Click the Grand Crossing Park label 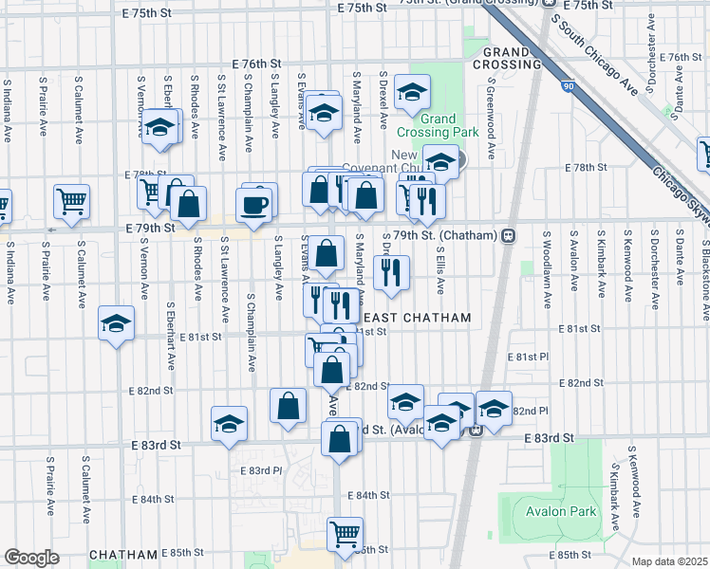(438, 126)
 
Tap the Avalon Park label (561, 512)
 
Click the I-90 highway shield (568, 86)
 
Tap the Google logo (31, 558)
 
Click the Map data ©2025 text (669, 561)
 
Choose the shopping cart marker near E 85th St (345, 533)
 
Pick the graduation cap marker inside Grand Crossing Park (413, 92)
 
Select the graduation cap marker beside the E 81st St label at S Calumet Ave (116, 325)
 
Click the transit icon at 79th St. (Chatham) (509, 235)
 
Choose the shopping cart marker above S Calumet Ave (72, 201)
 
